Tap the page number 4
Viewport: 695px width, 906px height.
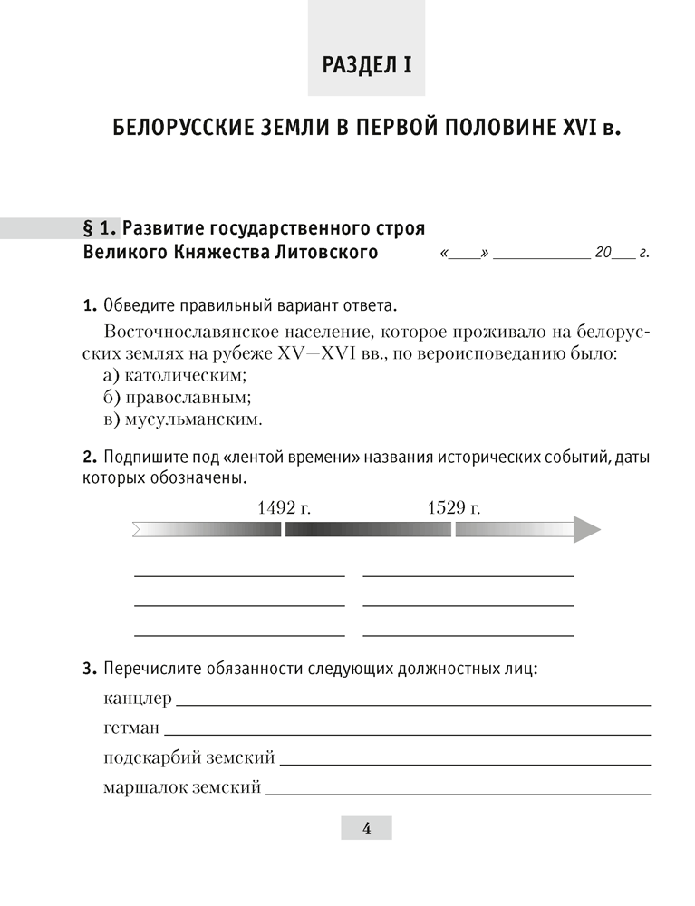366,827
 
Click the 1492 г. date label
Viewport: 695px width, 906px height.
284,507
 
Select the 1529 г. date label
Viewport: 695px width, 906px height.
453,507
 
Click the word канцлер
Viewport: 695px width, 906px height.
137,699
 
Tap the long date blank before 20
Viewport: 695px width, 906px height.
541,258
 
